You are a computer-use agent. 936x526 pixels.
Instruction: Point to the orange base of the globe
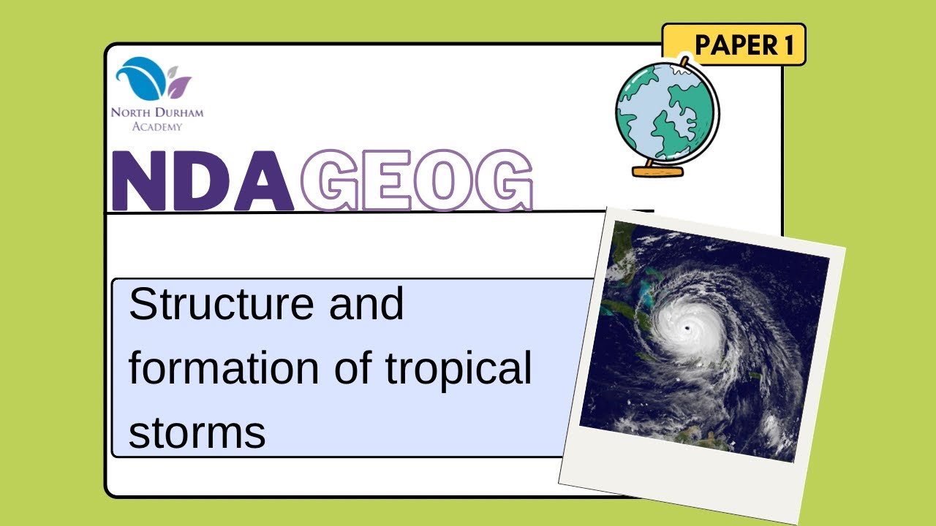click(x=657, y=172)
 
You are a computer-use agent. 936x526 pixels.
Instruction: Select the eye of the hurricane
click(x=688, y=328)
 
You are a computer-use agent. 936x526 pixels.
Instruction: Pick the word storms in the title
click(x=197, y=432)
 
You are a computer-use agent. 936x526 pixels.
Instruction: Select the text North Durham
click(x=157, y=113)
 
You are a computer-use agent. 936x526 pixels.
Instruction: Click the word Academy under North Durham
click(x=157, y=126)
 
